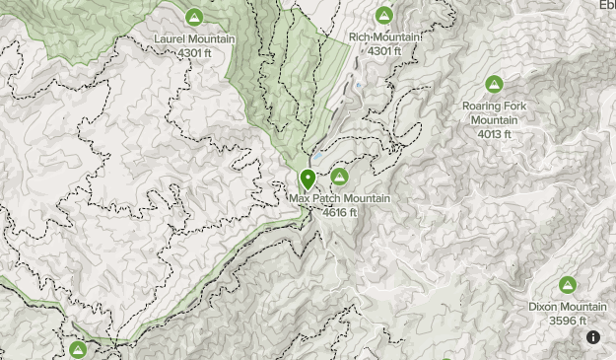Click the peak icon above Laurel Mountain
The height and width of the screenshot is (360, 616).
click(x=194, y=17)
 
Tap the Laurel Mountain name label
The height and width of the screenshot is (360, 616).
click(x=194, y=39)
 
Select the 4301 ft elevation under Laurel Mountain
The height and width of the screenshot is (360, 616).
click(x=194, y=52)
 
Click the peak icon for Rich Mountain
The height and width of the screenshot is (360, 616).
click(x=384, y=15)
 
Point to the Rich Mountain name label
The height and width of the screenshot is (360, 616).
click(x=384, y=37)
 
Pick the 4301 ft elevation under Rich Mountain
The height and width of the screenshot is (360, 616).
click(x=384, y=50)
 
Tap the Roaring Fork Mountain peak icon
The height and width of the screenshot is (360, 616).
click(x=494, y=84)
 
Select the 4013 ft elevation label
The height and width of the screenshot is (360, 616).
click(x=495, y=133)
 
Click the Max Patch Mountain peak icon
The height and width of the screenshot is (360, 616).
click(x=339, y=177)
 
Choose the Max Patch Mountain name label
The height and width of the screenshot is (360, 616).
click(x=340, y=199)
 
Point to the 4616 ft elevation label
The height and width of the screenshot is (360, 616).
click(x=340, y=212)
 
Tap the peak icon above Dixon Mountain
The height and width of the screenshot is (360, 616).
click(x=568, y=285)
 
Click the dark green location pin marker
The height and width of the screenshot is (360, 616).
click(x=308, y=179)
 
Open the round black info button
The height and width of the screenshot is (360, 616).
click(x=593, y=337)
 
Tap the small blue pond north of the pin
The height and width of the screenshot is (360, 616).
click(x=317, y=158)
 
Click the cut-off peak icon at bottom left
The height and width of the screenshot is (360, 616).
click(x=78, y=350)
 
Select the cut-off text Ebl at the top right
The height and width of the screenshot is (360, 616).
click(x=605, y=4)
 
